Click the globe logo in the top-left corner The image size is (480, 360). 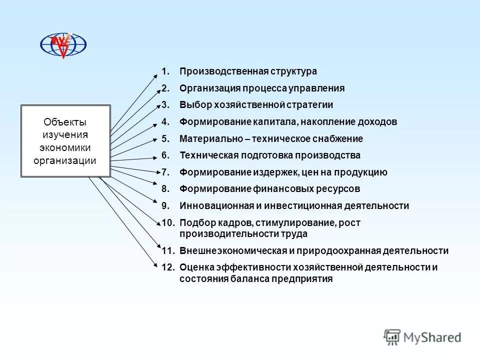click(63, 44)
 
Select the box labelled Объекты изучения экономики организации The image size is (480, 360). click(65, 141)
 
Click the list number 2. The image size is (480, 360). click(165, 88)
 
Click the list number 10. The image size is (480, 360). click(167, 222)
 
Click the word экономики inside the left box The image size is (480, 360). click(65, 147)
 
